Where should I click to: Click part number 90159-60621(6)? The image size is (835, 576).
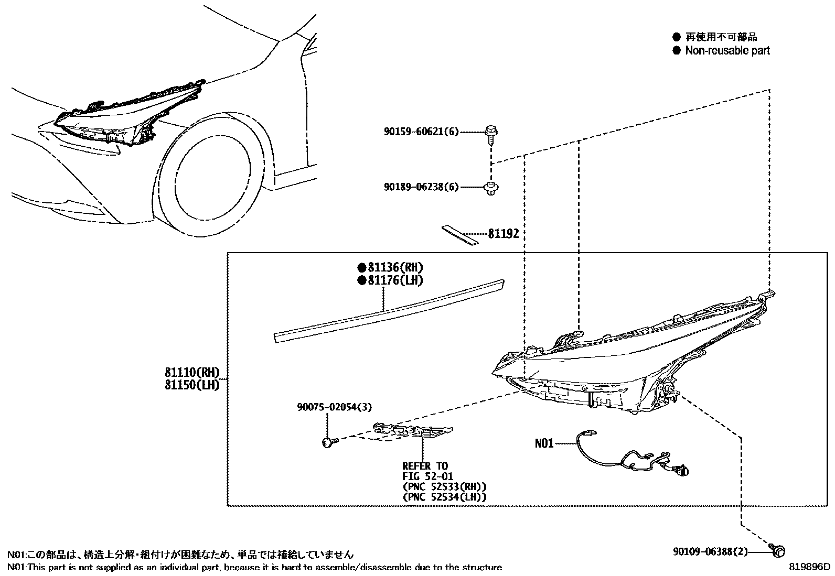coord(421,132)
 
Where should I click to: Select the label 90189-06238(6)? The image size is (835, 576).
coord(421,187)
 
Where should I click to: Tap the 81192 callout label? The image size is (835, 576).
coord(503,234)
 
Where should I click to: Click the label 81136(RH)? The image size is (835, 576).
coord(394,267)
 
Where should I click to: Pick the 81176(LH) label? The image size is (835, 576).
coord(394,280)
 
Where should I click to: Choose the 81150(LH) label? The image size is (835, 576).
coord(191,385)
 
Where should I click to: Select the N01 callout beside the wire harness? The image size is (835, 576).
coord(544,443)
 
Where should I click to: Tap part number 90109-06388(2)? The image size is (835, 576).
coord(710,552)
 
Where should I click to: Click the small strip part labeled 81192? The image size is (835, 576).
coord(459,235)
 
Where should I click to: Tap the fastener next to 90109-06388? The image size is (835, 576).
coord(778,550)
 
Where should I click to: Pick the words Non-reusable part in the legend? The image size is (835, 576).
coord(727,50)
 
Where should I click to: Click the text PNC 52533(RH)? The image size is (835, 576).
coord(444,486)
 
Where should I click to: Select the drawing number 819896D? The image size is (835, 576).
coord(810,567)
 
